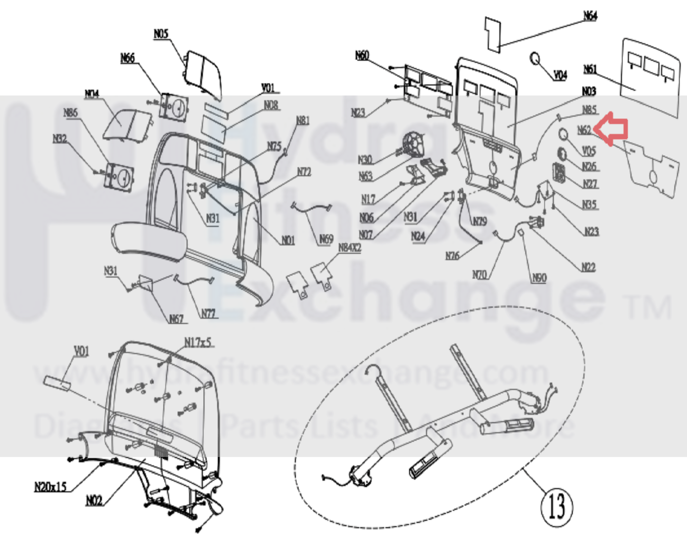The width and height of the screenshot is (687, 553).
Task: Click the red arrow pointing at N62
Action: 612,128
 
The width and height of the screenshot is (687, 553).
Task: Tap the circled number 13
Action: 557,505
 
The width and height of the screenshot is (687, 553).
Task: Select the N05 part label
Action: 161,34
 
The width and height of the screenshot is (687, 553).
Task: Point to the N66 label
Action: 127,58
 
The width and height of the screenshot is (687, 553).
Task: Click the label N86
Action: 70,113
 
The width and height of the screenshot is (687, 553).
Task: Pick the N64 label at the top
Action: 590,16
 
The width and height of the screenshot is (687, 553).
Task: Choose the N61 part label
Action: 590,70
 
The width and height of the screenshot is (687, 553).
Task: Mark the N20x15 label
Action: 51,486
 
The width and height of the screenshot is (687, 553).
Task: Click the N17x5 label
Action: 198,342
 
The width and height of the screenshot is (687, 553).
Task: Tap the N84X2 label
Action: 350,247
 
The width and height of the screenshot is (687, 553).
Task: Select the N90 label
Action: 539,278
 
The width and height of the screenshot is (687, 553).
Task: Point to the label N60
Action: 362,55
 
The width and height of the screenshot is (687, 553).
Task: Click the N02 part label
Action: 94,500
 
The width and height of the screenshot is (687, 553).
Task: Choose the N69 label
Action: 326,240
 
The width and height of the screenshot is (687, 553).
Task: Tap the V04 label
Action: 560,76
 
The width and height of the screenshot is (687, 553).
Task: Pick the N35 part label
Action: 589,204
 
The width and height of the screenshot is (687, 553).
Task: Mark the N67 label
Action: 176,318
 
